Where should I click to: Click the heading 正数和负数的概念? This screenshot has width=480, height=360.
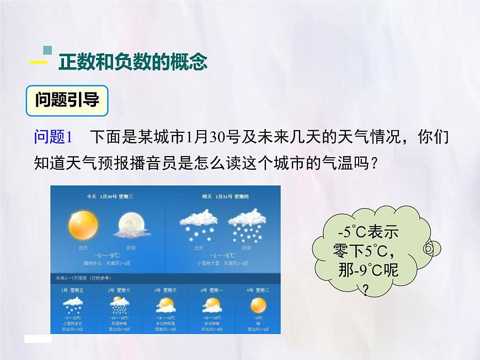[132, 62]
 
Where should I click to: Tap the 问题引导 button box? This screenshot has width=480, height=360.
[67, 100]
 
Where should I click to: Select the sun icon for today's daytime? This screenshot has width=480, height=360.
[83, 225]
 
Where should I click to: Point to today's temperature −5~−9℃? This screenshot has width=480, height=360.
[107, 255]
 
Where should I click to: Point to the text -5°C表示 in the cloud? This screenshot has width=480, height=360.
[367, 232]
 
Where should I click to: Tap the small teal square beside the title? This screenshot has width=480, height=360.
[47, 50]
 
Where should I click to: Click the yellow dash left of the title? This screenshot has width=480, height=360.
[38, 63]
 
